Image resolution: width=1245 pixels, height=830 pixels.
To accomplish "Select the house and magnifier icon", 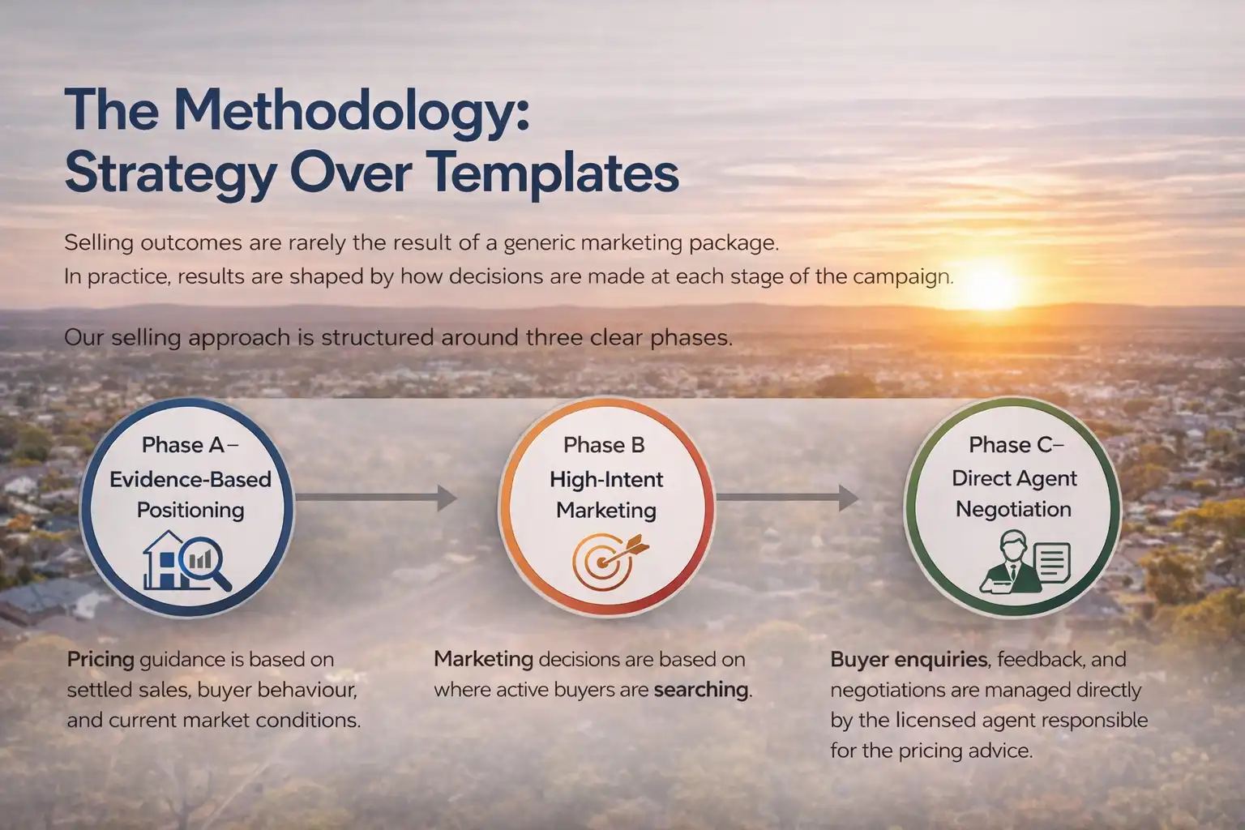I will tap(187, 560).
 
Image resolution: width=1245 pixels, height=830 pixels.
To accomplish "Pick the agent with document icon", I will tap(1025, 561).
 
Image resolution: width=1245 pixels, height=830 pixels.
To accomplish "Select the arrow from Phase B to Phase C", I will tap(786, 498).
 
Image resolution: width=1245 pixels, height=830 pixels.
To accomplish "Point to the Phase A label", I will tap(189, 445).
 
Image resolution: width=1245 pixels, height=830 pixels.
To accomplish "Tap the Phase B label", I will tap(604, 445).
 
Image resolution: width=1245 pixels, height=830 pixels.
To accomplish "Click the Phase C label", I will tap(1016, 445).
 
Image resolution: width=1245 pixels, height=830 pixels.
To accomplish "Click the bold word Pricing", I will tap(101, 660).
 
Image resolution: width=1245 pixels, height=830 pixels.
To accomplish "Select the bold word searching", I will tap(701, 690).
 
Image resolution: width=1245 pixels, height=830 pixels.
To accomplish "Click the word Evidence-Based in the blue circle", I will tap(190, 479).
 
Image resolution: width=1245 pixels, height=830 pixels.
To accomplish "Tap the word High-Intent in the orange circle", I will tap(606, 479).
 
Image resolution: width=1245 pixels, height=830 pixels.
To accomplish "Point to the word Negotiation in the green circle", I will tap(1013, 509).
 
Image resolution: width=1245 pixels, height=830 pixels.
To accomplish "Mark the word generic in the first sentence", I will tap(538, 242).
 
